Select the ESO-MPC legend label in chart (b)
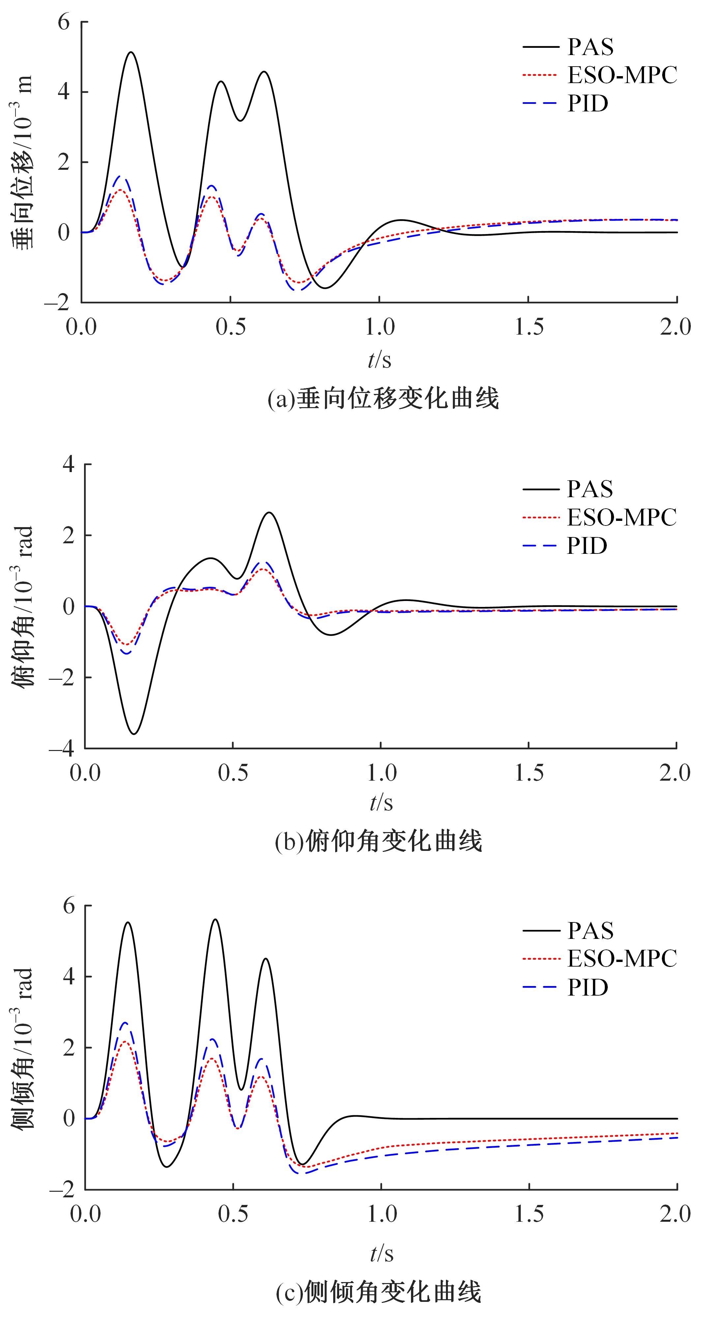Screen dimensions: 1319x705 pyautogui.click(x=622, y=518)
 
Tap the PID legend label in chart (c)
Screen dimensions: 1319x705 pyautogui.click(x=587, y=987)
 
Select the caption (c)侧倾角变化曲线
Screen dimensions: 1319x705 pyautogui.click(x=379, y=1291)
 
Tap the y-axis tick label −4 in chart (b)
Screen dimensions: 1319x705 pyautogui.click(x=60, y=749)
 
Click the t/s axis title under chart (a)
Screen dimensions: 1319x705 pyautogui.click(x=379, y=360)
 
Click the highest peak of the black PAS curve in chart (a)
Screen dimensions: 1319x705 pyautogui.click(x=131, y=52)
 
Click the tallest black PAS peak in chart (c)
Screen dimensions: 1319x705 pyautogui.click(x=215, y=919)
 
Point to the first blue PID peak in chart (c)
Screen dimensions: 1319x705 pyautogui.click(x=124, y=1023)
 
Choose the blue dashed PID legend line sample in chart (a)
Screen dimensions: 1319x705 pyautogui.click(x=540, y=104)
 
